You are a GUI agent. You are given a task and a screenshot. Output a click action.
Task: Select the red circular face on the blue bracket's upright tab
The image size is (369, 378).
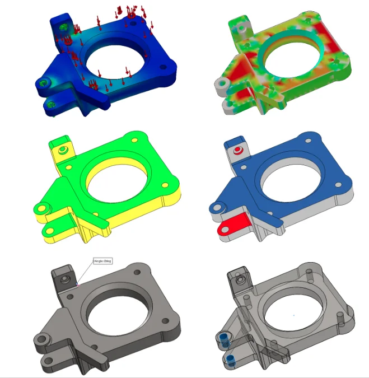click(x=240, y=150)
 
